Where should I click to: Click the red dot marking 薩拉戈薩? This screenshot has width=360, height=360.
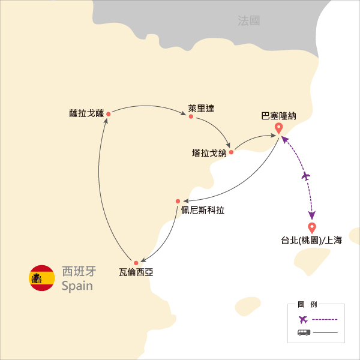point(109,114)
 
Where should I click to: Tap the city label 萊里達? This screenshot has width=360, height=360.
point(201,109)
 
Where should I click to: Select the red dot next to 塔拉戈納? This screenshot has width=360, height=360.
point(231,152)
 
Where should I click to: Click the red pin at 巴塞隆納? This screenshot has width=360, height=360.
point(279,128)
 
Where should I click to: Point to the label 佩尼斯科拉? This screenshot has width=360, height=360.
point(203,210)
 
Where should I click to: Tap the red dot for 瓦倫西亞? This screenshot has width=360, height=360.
point(136,263)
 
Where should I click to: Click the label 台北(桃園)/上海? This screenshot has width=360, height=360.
point(311,240)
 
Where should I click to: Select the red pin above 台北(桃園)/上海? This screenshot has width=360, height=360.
point(312,228)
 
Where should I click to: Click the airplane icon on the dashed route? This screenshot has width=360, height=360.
point(305,176)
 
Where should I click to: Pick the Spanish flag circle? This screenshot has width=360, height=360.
point(42,278)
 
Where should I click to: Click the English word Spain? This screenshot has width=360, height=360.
point(77,286)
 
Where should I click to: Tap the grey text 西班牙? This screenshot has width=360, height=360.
point(79,271)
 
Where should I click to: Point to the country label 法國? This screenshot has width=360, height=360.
point(249,20)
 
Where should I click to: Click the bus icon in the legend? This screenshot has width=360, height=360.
point(304,332)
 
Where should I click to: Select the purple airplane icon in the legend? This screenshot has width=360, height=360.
point(303,319)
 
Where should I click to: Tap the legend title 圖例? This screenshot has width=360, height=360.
point(307,304)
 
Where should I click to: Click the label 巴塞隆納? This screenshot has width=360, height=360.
point(279,116)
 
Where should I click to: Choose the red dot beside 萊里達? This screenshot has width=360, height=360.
point(191,116)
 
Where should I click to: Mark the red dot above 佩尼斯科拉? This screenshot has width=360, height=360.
point(178,202)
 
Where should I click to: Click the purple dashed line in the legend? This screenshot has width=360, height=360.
point(325,319)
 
